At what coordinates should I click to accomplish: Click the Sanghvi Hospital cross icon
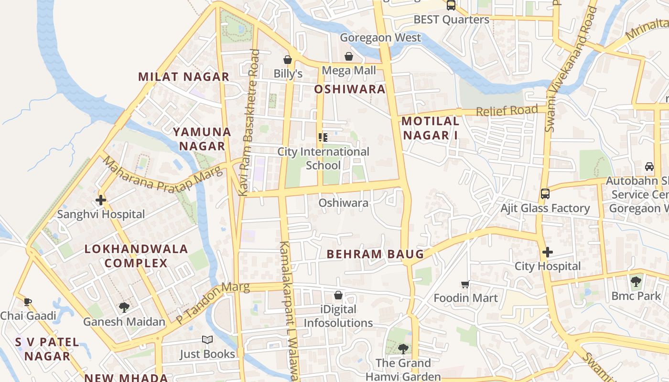coord(101,200)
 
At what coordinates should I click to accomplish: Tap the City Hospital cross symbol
coord(548,252)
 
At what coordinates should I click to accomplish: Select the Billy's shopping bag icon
coord(288,60)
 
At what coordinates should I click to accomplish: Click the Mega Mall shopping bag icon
coord(349,56)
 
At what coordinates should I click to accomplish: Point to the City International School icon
coord(323,138)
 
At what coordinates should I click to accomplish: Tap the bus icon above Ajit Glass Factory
coord(545,193)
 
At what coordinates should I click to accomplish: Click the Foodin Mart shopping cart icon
coord(465,284)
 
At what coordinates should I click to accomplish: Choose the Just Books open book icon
coord(207,340)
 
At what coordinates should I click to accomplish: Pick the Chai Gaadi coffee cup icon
coord(28,301)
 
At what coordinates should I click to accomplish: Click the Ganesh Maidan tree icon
coord(124,307)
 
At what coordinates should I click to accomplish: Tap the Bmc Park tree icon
coord(636,282)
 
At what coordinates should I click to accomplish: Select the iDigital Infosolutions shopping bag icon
coord(338,295)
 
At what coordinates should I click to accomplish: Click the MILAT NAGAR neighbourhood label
coord(184,76)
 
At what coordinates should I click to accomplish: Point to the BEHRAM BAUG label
coord(376,254)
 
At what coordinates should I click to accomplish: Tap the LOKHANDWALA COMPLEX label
coord(136,256)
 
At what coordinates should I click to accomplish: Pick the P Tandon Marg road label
coord(213,303)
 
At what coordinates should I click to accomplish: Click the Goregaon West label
coord(381,38)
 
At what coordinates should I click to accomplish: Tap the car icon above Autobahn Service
coord(649,166)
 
